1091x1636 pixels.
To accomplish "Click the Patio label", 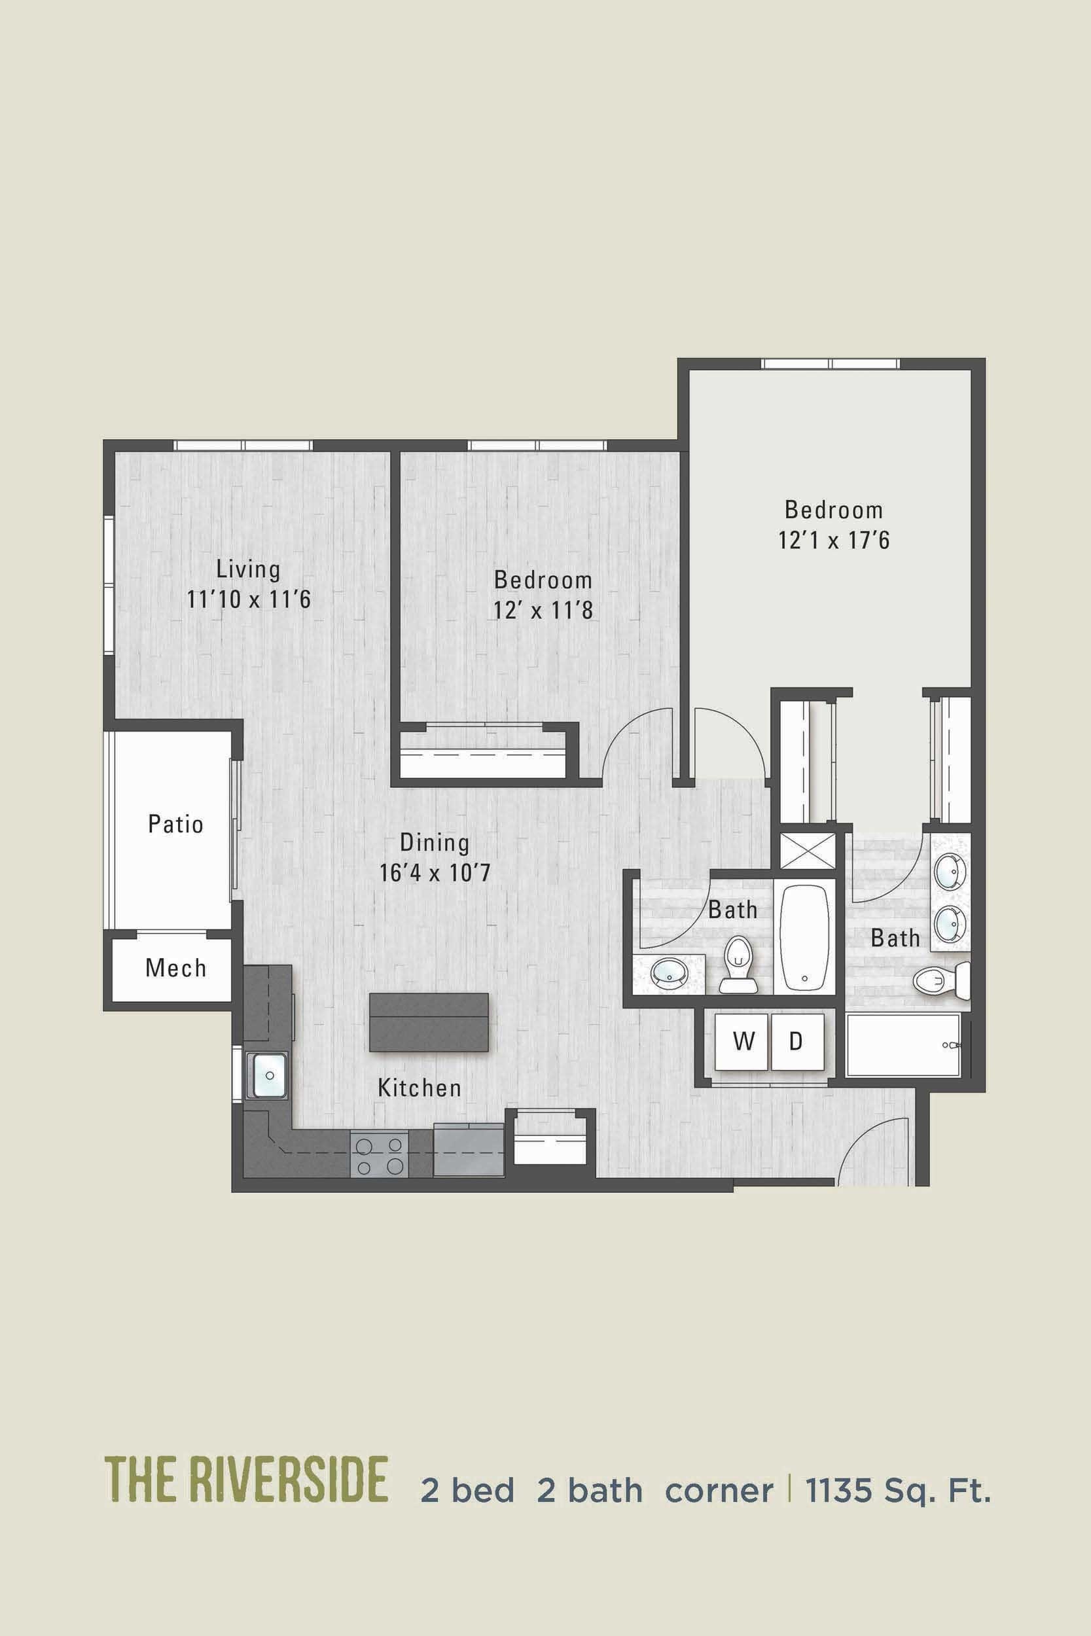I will tap(175, 825).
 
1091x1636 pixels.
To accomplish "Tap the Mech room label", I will tap(175, 968).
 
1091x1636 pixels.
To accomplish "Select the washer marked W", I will tap(743, 1041).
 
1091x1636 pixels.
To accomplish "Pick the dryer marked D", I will tap(796, 1041).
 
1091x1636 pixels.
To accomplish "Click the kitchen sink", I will tap(269, 1075).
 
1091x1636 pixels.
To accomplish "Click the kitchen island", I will tap(429, 1022).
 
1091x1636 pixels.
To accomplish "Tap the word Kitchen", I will tap(419, 1088).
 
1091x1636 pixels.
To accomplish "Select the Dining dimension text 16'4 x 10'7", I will tap(435, 872).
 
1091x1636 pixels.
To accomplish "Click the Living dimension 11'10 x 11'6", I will tap(249, 599).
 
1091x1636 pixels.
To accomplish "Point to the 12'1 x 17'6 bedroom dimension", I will tap(834, 540).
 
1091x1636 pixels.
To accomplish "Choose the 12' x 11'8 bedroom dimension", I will tap(543, 610).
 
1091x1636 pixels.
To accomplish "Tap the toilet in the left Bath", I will tap(738, 963).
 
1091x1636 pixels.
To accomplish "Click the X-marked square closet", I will tap(807, 850).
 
